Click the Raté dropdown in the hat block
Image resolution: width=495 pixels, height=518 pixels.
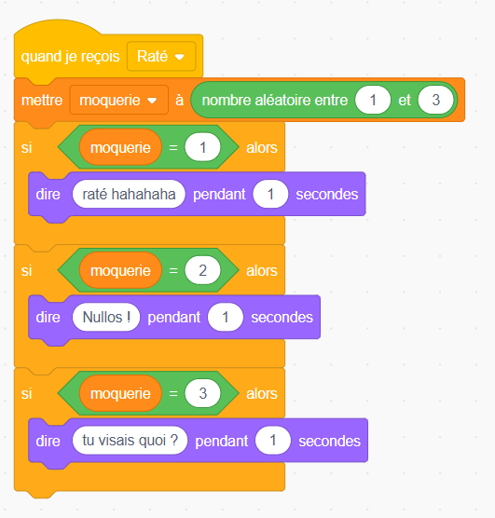[x=161, y=56]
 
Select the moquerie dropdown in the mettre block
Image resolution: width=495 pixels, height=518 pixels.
[x=118, y=100]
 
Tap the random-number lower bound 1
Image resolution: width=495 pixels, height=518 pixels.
[x=373, y=100]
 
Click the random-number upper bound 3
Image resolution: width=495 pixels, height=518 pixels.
[x=435, y=100]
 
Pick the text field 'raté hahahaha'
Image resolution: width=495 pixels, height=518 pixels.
[x=129, y=194]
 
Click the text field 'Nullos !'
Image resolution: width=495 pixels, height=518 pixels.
[x=106, y=317]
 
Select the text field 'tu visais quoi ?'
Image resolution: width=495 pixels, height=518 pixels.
[x=130, y=441]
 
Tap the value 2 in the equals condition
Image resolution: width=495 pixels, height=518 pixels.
[x=202, y=270]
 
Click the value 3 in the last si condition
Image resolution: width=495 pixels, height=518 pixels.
[x=202, y=393]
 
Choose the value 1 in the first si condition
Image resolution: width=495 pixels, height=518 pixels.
[x=202, y=147]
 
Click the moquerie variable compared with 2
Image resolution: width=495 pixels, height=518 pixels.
[x=120, y=270]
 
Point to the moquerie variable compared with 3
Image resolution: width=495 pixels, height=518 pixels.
[x=120, y=393]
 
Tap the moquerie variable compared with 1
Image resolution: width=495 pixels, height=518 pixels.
[x=120, y=147]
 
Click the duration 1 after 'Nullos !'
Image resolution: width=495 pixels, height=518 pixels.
[x=226, y=317]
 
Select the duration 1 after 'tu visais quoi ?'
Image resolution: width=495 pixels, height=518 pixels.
[x=273, y=441]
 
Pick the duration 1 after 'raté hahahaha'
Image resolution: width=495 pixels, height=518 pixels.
[x=270, y=194]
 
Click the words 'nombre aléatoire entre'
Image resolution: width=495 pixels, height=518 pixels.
[x=275, y=100]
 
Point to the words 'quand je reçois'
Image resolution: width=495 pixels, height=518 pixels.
[x=71, y=57]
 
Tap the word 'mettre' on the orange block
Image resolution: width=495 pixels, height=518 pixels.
[x=42, y=100]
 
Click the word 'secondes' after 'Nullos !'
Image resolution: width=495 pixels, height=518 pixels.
[x=282, y=317]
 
